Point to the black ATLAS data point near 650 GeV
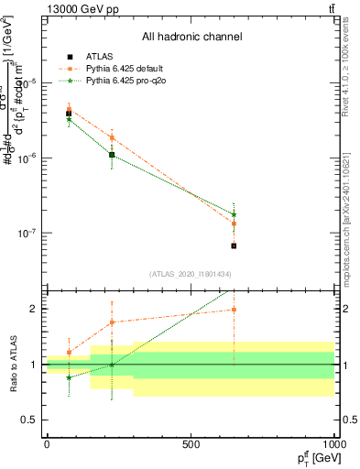coord(234,245)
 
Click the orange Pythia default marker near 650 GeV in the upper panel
coord(234,224)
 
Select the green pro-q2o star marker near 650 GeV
coord(234,214)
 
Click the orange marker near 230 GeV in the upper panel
coord(112,138)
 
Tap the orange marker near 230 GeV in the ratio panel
coord(112,322)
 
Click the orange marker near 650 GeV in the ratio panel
coord(234,310)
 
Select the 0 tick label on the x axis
coord(47,443)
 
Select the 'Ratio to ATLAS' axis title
coord(12,364)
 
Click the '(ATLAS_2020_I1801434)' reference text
coord(191,274)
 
